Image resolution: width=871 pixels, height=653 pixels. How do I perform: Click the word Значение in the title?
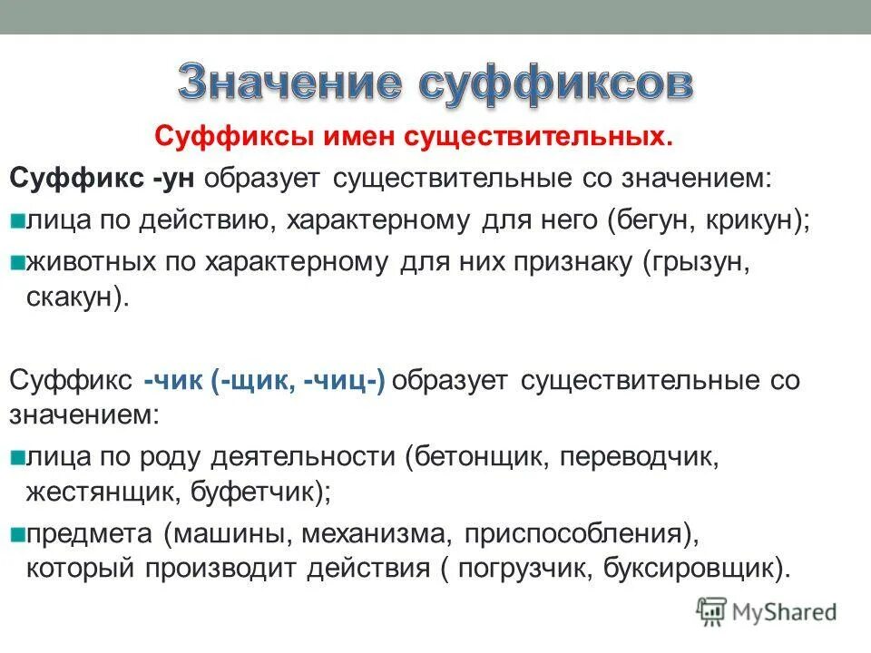[289, 84]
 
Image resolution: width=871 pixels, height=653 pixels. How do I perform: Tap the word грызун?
[700, 262]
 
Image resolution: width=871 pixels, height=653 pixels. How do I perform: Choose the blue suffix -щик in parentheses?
[258, 380]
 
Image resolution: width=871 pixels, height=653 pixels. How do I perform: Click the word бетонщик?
[479, 456]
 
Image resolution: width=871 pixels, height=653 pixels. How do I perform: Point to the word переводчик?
[639, 456]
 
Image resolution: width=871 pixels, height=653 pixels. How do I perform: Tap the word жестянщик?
[103, 495]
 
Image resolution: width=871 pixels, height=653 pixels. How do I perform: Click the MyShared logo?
[767, 610]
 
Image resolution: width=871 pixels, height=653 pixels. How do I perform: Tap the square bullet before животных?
[17, 262]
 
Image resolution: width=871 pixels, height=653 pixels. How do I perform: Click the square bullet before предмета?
[17, 534]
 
